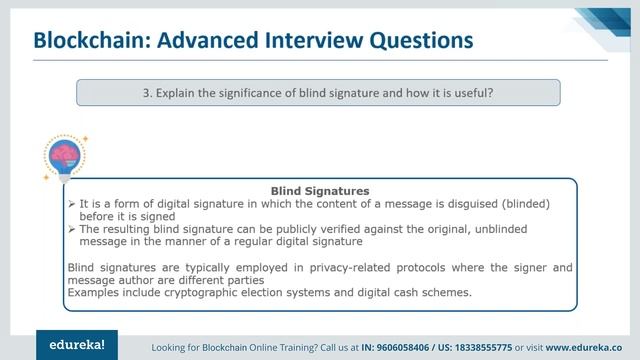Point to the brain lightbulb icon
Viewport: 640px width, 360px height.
click(x=65, y=157)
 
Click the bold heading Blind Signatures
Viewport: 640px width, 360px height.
click(x=320, y=190)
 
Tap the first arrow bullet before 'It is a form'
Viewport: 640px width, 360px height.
click(x=72, y=203)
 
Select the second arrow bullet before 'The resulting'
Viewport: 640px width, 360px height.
click(x=72, y=229)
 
